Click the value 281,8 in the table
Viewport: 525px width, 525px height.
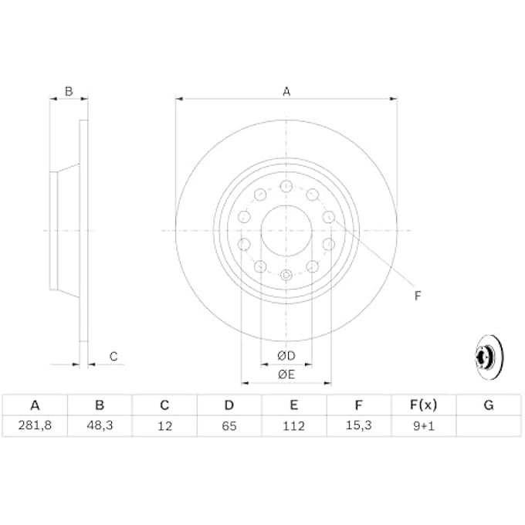click(34, 425)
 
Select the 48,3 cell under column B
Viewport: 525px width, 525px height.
click(99, 425)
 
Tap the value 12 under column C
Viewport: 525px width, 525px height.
click(164, 425)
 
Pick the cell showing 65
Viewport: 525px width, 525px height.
click(229, 425)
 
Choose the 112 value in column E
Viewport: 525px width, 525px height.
click(294, 425)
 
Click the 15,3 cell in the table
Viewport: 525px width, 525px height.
click(359, 425)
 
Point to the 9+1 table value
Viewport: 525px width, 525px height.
click(424, 425)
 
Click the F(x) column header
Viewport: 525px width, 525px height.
click(424, 405)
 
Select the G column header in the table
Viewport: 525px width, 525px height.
click(489, 405)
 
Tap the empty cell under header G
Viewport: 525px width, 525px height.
click(489, 425)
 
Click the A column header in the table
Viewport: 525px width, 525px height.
click(34, 405)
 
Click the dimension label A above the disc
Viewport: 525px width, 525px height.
click(286, 91)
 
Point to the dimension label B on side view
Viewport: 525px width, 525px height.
click(68, 91)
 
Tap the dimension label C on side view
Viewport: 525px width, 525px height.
click(113, 356)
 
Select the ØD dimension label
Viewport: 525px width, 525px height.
click(286, 356)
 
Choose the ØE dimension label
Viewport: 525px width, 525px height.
click(286, 374)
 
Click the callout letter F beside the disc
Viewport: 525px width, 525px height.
click(418, 295)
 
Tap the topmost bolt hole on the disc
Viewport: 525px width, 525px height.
click(286, 186)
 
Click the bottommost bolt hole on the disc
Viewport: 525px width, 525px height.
click(286, 275)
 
